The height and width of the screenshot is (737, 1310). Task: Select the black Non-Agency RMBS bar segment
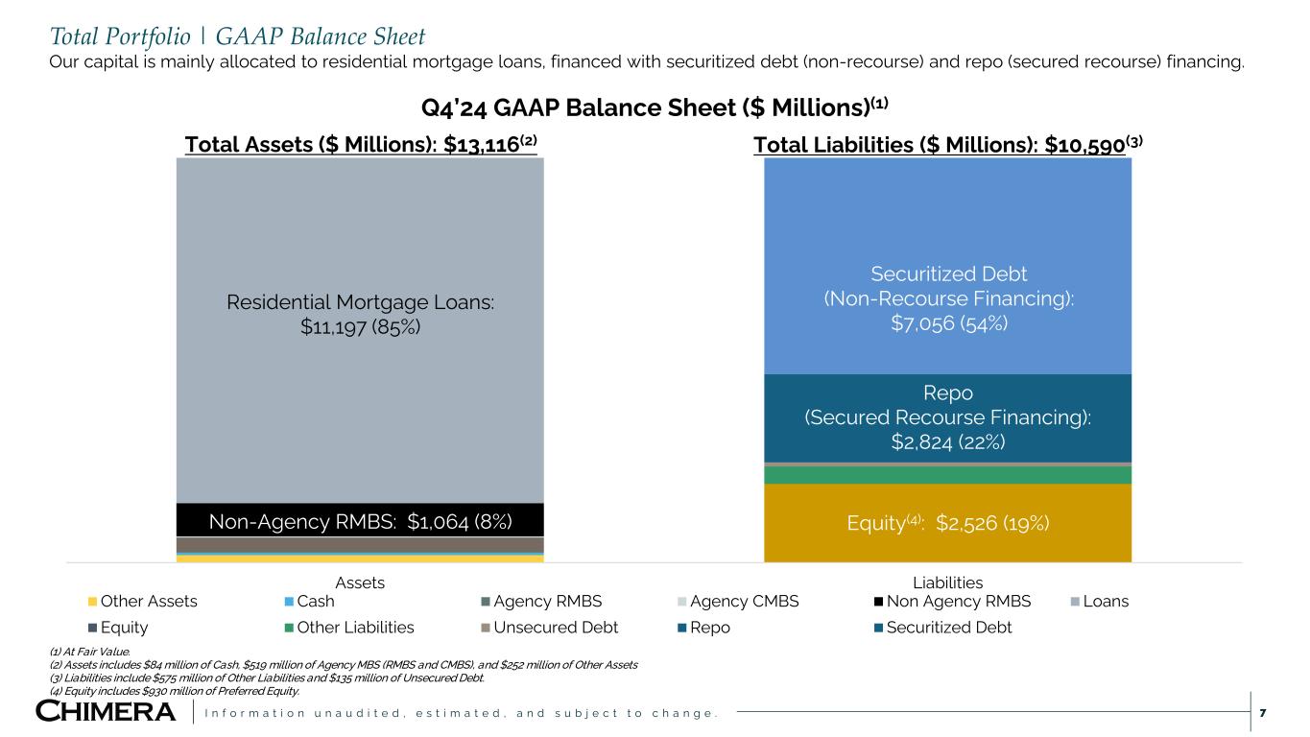(360, 520)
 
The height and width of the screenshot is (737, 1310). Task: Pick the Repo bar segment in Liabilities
(948, 417)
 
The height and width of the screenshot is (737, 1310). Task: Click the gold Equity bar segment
(948, 523)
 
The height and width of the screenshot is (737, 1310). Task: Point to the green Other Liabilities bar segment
(948, 475)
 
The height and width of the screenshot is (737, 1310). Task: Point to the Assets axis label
(360, 582)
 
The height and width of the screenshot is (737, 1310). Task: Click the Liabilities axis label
(948, 582)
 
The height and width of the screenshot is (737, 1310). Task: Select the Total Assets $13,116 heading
(360, 145)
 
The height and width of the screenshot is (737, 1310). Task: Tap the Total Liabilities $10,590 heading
(948, 145)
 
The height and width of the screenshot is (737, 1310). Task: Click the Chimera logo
(106, 712)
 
